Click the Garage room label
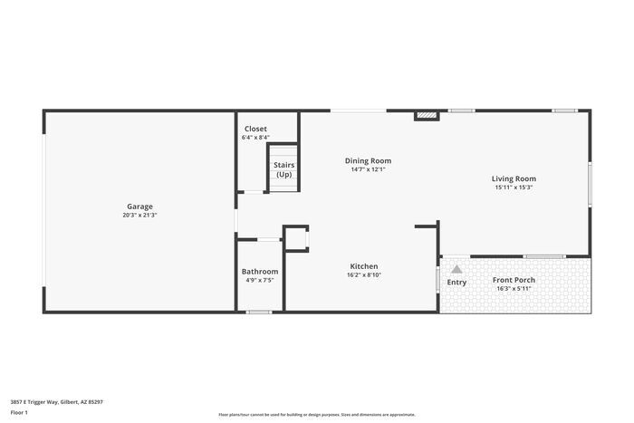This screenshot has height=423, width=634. [139, 206]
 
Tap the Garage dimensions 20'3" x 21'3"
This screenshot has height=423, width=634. [139, 216]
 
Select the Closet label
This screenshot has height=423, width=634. [255, 129]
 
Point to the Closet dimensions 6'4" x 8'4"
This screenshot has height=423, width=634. [255, 138]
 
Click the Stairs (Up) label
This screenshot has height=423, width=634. [284, 169]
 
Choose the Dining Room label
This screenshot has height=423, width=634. [369, 160]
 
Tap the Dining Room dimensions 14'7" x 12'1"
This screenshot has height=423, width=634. [369, 169]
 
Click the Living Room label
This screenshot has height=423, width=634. [514, 178]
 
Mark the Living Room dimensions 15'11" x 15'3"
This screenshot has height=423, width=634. [514, 188]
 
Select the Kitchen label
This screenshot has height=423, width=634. [364, 266]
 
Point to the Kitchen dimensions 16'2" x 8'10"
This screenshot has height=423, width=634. [364, 275]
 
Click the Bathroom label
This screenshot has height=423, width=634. [260, 272]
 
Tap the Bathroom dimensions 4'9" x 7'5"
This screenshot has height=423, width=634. [260, 281]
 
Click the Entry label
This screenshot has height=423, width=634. [456, 283]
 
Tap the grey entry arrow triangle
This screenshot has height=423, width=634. [456, 269]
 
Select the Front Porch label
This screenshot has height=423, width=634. [514, 280]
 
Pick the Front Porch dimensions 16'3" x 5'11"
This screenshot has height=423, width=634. [514, 289]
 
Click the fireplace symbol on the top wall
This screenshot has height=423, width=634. [426, 115]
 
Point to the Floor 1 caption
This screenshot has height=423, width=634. [20, 412]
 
